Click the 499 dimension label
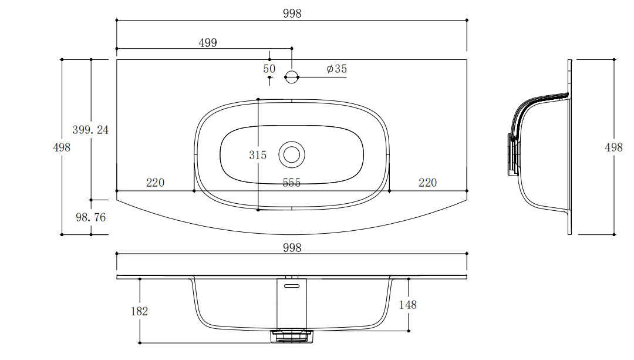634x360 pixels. pos(208,42)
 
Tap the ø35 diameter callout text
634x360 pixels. pos(337,69)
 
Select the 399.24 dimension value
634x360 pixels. pos(90,130)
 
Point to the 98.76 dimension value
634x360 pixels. pos(90,217)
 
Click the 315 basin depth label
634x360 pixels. pos(258,155)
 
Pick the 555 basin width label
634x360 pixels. pos(292,183)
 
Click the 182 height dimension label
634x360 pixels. pos(140,311)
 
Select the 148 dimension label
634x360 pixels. pos(407,305)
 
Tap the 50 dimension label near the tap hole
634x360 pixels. pos(269,69)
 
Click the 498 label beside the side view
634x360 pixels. pos(613,147)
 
